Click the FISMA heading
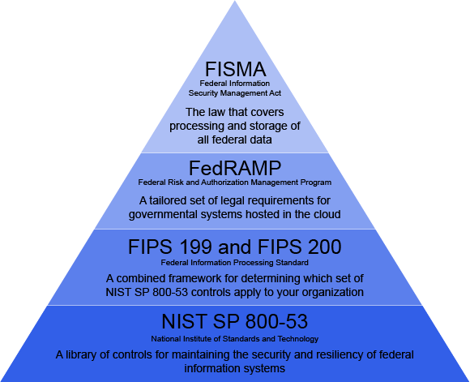pyautogui.click(x=235, y=69)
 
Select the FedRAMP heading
pyautogui.click(x=235, y=168)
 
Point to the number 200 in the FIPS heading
pyautogui.click(x=324, y=247)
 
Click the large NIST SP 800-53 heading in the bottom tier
pyautogui.click(x=235, y=321)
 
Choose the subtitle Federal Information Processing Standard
pyautogui.click(x=235, y=263)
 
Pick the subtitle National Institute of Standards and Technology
pyautogui.click(x=235, y=339)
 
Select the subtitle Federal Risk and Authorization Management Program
pyautogui.click(x=235, y=182)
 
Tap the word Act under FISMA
pyautogui.click(x=276, y=93)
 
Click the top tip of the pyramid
pyautogui.click(x=235, y=1)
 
